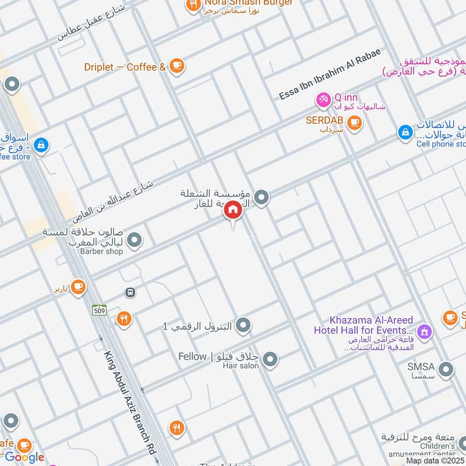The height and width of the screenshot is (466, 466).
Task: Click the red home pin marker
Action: pyautogui.click(x=233, y=210)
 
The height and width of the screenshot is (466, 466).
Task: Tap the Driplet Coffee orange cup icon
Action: pyautogui.click(x=177, y=66)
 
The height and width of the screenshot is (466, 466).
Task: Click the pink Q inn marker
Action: pyautogui.click(x=323, y=100)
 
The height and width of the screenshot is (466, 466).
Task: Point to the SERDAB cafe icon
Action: pyautogui.click(x=354, y=122)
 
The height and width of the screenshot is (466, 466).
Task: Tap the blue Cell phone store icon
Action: pyautogui.click(x=405, y=133)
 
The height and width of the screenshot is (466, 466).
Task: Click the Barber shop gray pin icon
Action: pyautogui.click(x=135, y=240)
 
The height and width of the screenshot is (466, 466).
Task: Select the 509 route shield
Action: pyautogui.click(x=100, y=310)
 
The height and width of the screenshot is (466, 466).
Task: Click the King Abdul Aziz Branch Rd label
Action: pyautogui.click(x=131, y=402)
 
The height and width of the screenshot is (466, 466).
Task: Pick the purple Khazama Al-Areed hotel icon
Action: pyautogui.click(x=425, y=331)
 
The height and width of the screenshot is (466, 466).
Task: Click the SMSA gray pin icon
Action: pyautogui.click(x=446, y=369)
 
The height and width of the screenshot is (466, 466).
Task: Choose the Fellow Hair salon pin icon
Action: pyautogui.click(x=269, y=360)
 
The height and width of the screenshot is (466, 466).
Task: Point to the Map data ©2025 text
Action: pyautogui.click(x=435, y=460)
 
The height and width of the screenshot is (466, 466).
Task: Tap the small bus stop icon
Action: pyautogui.click(x=130, y=292)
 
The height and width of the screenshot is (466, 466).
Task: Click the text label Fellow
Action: pyautogui.click(x=192, y=356)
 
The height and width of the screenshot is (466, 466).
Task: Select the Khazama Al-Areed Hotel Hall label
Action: pyautogui.click(x=371, y=325)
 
